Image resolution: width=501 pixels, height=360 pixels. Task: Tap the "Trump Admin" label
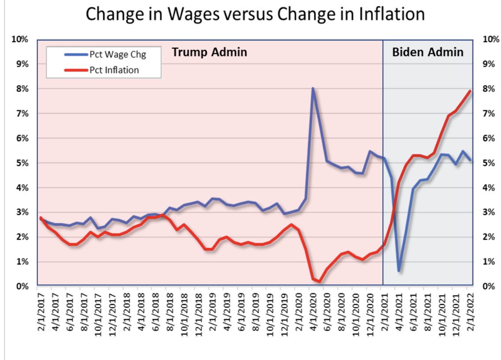pos(209,52)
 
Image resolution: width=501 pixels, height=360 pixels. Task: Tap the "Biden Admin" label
pos(428,52)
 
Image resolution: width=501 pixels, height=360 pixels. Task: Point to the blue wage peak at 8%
pos(313,89)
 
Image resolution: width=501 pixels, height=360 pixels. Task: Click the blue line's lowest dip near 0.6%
pos(399,270)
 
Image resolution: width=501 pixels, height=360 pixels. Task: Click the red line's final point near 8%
pos(470,91)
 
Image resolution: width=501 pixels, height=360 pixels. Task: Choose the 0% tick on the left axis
pos(22,286)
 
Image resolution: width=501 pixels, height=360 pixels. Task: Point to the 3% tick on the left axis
pos(22,212)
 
